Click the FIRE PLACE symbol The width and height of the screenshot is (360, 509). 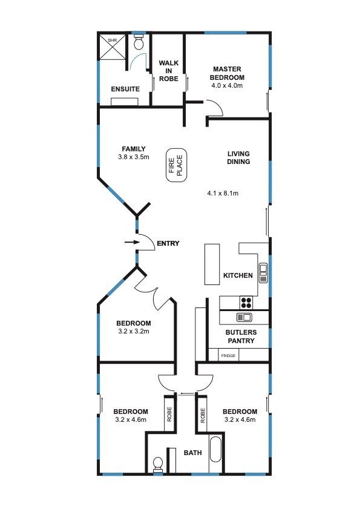[177, 165]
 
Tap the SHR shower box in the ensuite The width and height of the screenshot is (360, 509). [112, 47]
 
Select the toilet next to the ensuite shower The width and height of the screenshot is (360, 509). [139, 42]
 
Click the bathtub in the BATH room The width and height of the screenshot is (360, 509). [216, 450]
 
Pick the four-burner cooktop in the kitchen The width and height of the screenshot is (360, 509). [246, 303]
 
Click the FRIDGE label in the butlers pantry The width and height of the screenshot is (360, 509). [228, 356]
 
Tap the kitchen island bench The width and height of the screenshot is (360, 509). [212, 264]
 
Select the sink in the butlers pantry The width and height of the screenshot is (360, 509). [244, 317]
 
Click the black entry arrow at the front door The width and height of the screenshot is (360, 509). [132, 242]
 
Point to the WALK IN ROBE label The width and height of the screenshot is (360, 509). [168, 71]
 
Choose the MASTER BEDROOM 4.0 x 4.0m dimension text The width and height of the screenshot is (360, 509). [227, 86]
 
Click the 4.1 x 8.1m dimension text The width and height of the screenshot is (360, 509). [223, 193]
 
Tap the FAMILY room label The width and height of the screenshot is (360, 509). [134, 149]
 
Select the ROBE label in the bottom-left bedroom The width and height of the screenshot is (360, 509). [169, 415]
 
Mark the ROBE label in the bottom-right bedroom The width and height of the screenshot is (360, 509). [203, 415]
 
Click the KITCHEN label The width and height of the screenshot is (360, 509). [238, 275]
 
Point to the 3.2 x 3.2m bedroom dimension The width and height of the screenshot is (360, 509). [134, 332]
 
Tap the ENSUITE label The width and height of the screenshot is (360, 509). [125, 89]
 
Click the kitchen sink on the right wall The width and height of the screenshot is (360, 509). [263, 273]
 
